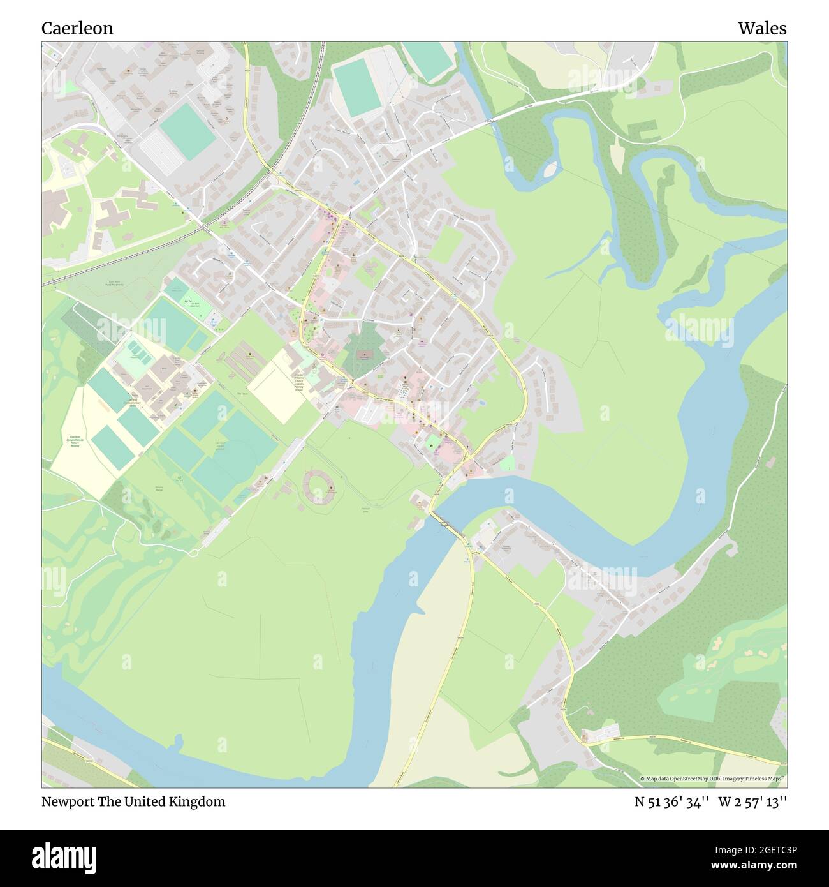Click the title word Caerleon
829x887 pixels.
(77, 28)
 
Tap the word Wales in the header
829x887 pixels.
(762, 28)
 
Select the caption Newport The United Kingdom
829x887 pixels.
(133, 801)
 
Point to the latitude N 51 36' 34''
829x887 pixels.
(671, 801)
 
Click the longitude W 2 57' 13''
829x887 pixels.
(752, 801)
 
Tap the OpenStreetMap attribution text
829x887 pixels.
(714, 779)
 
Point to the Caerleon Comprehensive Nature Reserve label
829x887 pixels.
(75, 441)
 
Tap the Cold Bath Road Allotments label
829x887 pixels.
(115, 283)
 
